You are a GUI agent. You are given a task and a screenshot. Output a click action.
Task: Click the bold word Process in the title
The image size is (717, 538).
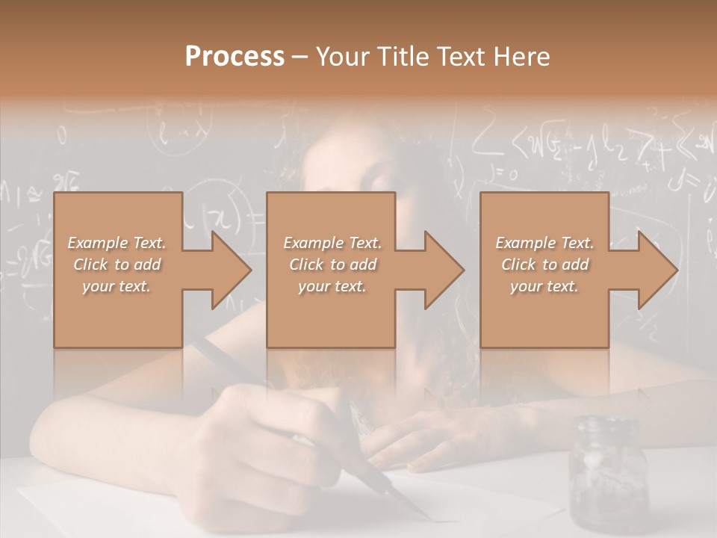pyautogui.click(x=235, y=57)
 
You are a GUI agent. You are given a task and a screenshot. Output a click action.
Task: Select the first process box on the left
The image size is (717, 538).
pyautogui.click(x=118, y=314)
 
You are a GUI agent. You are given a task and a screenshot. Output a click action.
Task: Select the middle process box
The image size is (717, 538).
pyautogui.click(x=331, y=314)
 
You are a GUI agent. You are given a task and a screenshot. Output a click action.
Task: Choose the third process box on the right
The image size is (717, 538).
pyautogui.click(x=544, y=314)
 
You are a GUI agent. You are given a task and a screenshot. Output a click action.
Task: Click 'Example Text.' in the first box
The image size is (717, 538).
pyautogui.click(x=117, y=243)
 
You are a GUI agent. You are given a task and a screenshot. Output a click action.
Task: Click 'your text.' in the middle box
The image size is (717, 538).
pyautogui.click(x=332, y=286)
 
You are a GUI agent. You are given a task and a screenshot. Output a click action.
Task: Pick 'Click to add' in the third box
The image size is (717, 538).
pyautogui.click(x=545, y=265)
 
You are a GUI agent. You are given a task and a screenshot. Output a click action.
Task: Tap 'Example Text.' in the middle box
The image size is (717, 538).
pyautogui.click(x=332, y=243)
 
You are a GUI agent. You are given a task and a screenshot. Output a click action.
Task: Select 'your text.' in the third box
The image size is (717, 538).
pyautogui.click(x=544, y=286)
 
